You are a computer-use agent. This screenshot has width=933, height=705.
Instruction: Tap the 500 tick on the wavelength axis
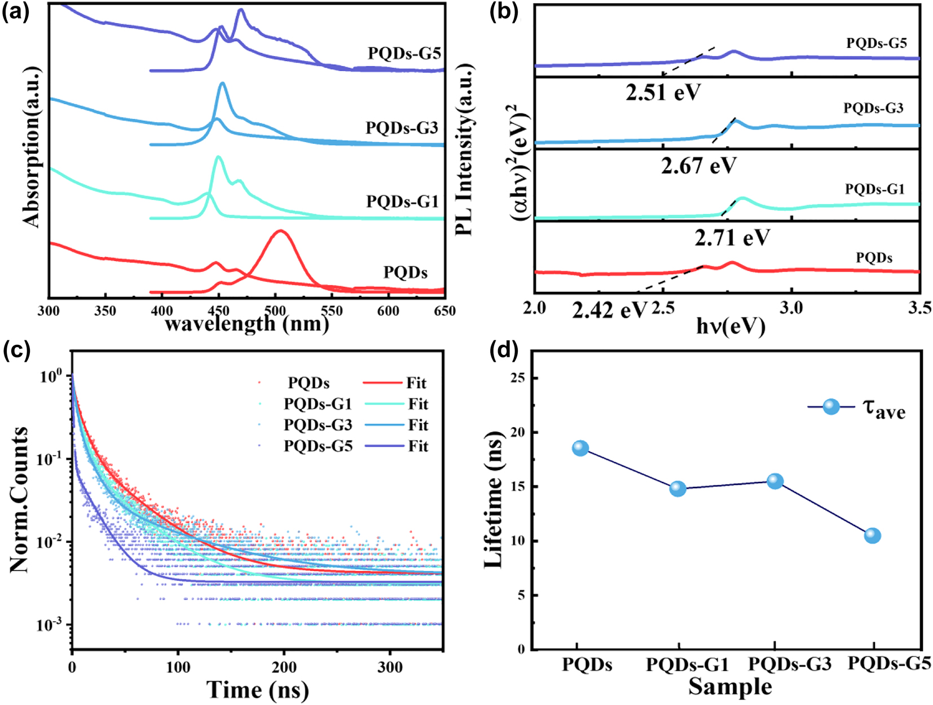tap(275, 311)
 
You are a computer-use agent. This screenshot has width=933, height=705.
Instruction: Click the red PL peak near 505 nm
tap(280, 232)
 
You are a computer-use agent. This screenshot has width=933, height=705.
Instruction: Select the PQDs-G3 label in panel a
tap(402, 128)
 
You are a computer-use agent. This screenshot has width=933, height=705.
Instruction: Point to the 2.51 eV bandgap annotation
tap(663, 92)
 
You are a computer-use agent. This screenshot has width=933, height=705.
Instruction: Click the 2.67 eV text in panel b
tap(699, 166)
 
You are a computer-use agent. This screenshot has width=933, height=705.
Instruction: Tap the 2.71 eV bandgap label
tap(732, 238)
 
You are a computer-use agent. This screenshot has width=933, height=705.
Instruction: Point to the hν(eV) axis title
tap(730, 326)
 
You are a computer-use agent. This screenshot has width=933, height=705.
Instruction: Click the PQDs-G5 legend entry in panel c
tap(318, 446)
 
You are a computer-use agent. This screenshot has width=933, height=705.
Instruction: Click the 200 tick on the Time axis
tap(284, 667)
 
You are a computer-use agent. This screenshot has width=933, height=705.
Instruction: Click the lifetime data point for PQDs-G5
tap(872, 535)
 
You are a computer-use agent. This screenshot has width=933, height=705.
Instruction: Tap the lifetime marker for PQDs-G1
tap(677, 489)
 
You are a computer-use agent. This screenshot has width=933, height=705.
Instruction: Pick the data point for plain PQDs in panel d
tap(580, 449)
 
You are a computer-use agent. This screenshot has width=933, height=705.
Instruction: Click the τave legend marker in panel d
tap(831, 406)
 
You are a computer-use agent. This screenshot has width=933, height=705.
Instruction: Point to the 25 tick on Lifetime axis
tap(517, 378)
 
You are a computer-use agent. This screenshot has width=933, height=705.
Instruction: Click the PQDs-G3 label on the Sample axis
tap(790, 665)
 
